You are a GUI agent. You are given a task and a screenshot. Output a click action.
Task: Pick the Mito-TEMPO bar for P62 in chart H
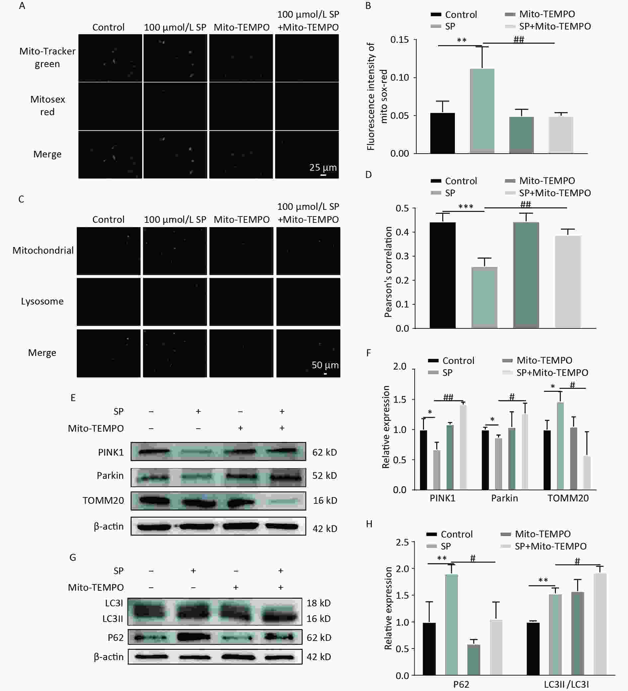473,659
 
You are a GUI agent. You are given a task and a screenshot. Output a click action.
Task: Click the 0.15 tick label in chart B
400,40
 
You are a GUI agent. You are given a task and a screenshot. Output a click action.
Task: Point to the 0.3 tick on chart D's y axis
402,256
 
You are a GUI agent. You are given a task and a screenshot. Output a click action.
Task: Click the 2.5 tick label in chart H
402,542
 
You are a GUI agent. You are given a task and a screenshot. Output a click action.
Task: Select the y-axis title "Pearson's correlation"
388,272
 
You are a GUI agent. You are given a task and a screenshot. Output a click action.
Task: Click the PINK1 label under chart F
443,498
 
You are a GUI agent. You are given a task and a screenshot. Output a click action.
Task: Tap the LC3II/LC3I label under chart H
566,684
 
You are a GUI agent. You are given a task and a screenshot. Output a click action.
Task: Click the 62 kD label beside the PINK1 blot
324,453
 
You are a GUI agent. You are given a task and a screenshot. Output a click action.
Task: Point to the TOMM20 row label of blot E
103,500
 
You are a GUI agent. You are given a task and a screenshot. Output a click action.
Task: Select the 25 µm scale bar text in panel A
323,167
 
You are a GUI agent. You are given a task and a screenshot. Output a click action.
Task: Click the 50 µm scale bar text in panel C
325,365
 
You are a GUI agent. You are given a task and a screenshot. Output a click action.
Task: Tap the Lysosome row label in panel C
42,301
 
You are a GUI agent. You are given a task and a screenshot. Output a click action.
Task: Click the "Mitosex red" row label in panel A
47,106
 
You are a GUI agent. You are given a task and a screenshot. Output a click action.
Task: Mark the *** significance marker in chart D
466,206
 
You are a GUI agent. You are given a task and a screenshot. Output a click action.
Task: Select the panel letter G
73,557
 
